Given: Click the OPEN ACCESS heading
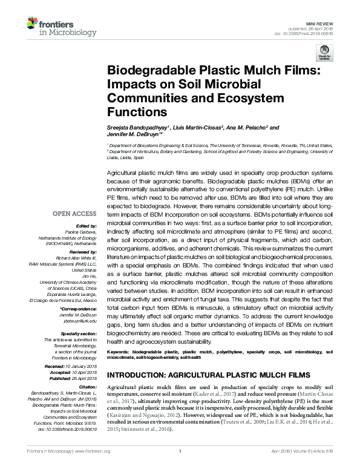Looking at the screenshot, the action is click(x=74, y=214).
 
